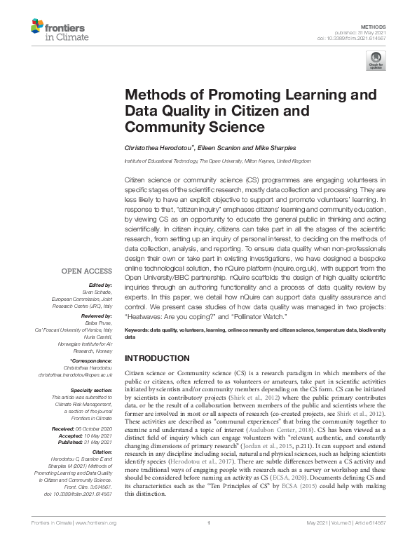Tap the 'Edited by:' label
[x=99, y=285]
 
